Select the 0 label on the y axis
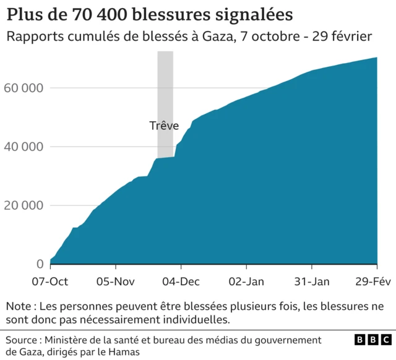40,264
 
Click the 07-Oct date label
50,281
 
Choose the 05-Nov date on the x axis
116,281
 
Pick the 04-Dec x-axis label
181,281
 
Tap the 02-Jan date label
247,281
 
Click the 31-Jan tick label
312,281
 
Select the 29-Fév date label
372,281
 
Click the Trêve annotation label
164,126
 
